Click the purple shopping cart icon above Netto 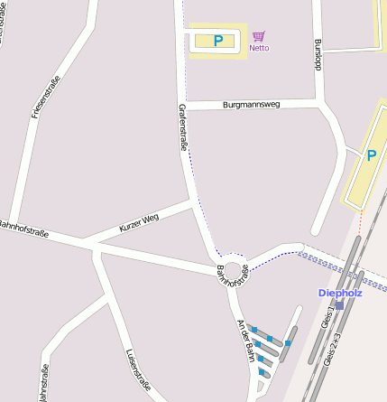pos(259,36)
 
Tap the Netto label pos(259,48)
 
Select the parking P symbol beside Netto pos(217,41)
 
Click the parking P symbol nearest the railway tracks pos(371,155)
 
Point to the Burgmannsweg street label pos(251,105)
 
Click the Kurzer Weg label pos(138,223)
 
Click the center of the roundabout pos(234,269)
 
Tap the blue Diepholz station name pos(339,293)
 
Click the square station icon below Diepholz pos(339,305)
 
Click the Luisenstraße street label pos(138,368)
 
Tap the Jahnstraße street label pos(42,382)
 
